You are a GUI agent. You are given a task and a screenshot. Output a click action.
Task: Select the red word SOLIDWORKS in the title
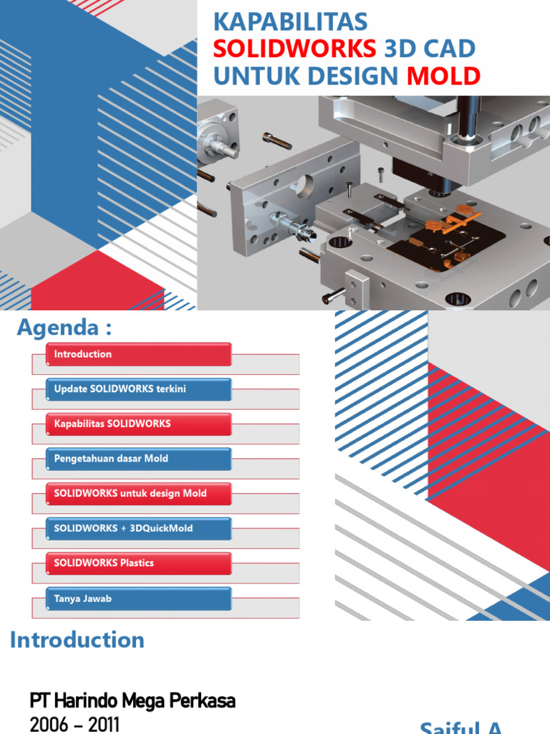click(294, 49)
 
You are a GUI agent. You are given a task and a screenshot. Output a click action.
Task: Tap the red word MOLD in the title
click(444, 75)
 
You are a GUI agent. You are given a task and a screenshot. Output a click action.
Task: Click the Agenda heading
click(64, 328)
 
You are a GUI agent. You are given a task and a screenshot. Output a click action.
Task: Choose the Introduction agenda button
click(138, 354)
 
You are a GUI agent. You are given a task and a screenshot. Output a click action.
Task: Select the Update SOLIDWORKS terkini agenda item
click(138, 389)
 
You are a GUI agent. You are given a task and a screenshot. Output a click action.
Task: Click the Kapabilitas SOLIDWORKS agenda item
click(138, 424)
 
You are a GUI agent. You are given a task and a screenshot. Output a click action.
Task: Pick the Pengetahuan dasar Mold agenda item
click(138, 459)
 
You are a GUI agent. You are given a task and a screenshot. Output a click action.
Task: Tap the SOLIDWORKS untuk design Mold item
click(138, 493)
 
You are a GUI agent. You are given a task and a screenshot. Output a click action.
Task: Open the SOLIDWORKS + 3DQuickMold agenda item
click(138, 528)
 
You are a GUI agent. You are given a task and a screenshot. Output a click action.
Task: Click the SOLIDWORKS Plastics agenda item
click(138, 563)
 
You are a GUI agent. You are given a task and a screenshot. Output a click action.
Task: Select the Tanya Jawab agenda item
click(138, 599)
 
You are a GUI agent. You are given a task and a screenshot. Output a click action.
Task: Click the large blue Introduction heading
click(77, 640)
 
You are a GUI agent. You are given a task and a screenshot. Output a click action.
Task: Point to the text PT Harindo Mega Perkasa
click(132, 700)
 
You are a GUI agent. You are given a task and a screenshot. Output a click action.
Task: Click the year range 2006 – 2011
click(74, 724)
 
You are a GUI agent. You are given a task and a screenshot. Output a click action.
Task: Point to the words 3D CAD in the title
click(430, 49)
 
